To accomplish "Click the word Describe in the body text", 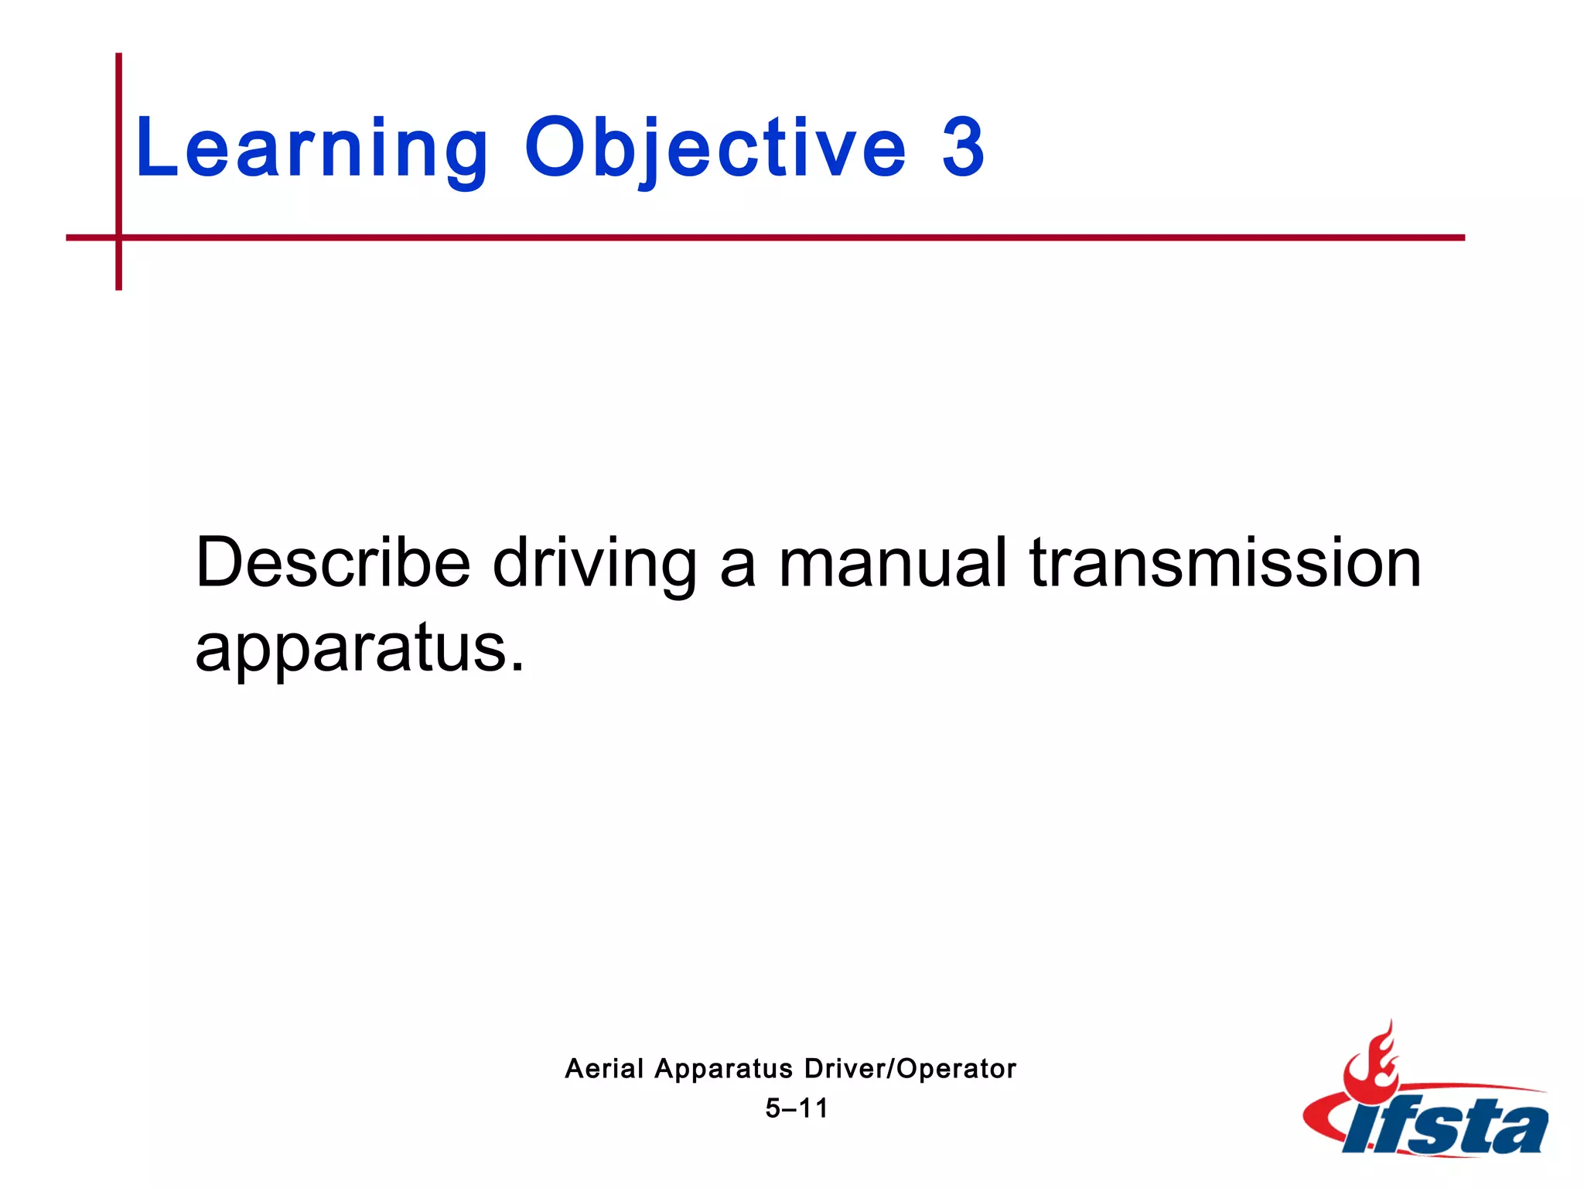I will (333, 562).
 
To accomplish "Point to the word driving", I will (595, 562).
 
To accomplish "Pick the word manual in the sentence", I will (893, 562).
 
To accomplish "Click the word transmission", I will (1225, 562).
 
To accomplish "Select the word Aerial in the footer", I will (604, 1069).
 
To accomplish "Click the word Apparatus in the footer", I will (723, 1069).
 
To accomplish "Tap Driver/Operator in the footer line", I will (910, 1069).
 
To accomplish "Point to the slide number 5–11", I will (797, 1108).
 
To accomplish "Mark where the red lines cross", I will (119, 237).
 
